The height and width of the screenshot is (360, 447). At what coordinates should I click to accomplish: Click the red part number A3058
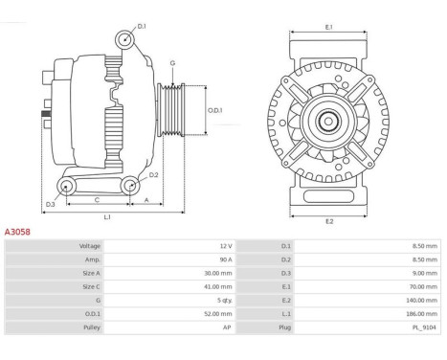(x=17, y=232)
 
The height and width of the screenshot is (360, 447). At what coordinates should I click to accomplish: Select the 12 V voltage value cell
(x=226, y=246)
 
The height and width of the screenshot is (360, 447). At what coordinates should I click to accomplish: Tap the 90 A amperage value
(x=226, y=259)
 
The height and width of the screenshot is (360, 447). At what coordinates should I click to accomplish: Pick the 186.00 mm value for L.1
(x=421, y=314)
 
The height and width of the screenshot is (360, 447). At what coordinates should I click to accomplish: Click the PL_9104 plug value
(x=424, y=327)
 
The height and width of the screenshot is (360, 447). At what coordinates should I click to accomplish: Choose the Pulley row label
(x=92, y=327)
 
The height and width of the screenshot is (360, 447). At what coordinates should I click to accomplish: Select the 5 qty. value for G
(x=225, y=301)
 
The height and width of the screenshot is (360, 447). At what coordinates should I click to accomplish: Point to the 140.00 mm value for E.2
(x=421, y=301)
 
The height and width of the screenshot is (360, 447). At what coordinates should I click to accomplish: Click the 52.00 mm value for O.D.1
(x=218, y=314)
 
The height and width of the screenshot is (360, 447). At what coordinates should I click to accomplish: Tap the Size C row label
(x=91, y=287)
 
